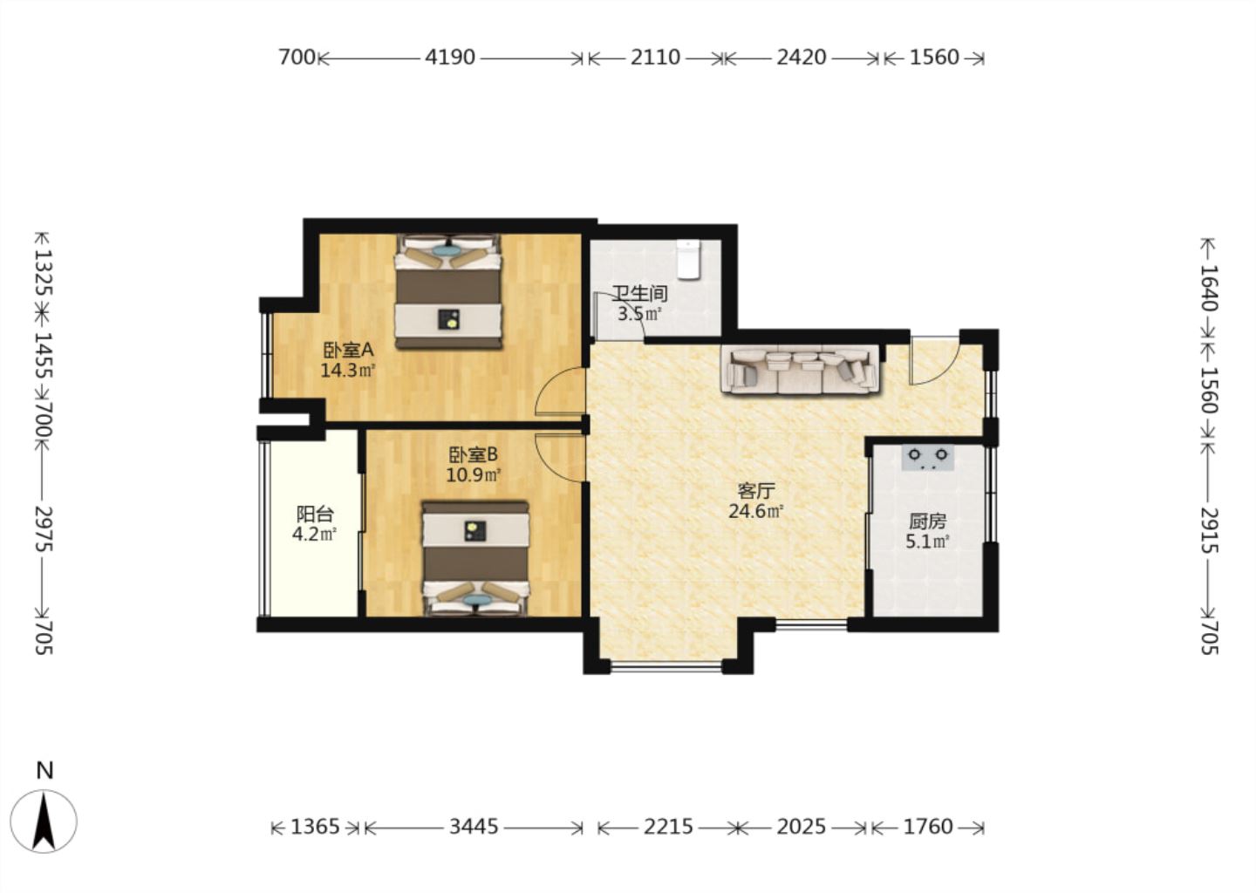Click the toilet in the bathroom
click(688, 260)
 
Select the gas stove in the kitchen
click(927, 458)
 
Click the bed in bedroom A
click(448, 291)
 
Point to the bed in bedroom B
click(475, 560)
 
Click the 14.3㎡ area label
click(348, 371)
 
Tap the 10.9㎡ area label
click(474, 475)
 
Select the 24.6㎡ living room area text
click(756, 511)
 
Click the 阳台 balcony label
click(315, 514)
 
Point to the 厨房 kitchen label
click(927, 521)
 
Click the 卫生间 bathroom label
click(640, 293)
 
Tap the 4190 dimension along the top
click(450, 58)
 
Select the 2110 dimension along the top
click(655, 58)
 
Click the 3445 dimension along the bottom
click(474, 827)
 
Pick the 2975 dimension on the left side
click(44, 528)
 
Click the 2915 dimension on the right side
click(1210, 529)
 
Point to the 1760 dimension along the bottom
click(928, 827)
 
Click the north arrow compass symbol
click(44, 821)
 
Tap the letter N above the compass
click(44, 771)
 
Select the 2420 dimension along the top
click(802, 58)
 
